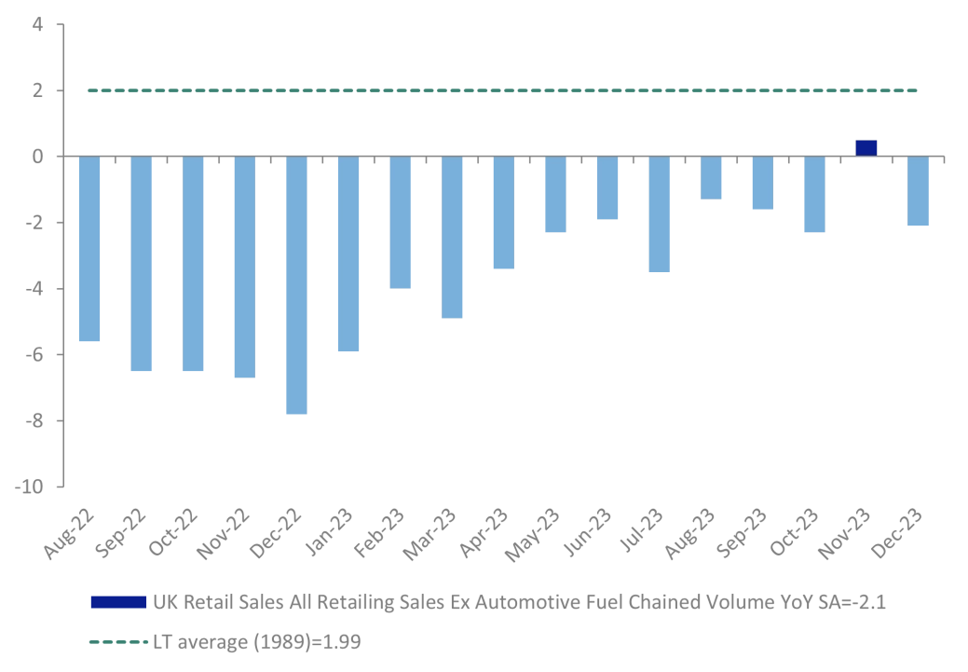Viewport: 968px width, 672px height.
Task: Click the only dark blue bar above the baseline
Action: point(866,146)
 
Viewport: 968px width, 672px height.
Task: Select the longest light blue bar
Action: point(297,285)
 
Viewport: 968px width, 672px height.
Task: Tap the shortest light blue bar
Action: point(712,178)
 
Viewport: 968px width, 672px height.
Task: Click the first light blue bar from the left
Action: point(89,249)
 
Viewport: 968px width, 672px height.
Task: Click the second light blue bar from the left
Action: point(142,264)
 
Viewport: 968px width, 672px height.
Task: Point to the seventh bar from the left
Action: point(402,223)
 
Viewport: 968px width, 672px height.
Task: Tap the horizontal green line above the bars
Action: point(503,90)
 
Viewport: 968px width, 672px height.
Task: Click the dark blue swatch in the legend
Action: point(118,601)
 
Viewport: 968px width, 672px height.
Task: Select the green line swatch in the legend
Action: point(116,641)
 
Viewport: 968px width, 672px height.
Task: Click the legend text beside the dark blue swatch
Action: point(517,601)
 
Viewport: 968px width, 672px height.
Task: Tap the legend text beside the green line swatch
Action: point(256,641)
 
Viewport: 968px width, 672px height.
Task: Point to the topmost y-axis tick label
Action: point(38,25)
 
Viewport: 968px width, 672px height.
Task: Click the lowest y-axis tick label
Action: point(28,487)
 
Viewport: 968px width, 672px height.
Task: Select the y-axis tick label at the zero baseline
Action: point(38,154)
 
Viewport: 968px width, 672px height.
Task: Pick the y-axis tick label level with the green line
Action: point(38,92)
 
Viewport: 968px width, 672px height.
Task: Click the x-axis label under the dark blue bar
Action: point(844,536)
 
